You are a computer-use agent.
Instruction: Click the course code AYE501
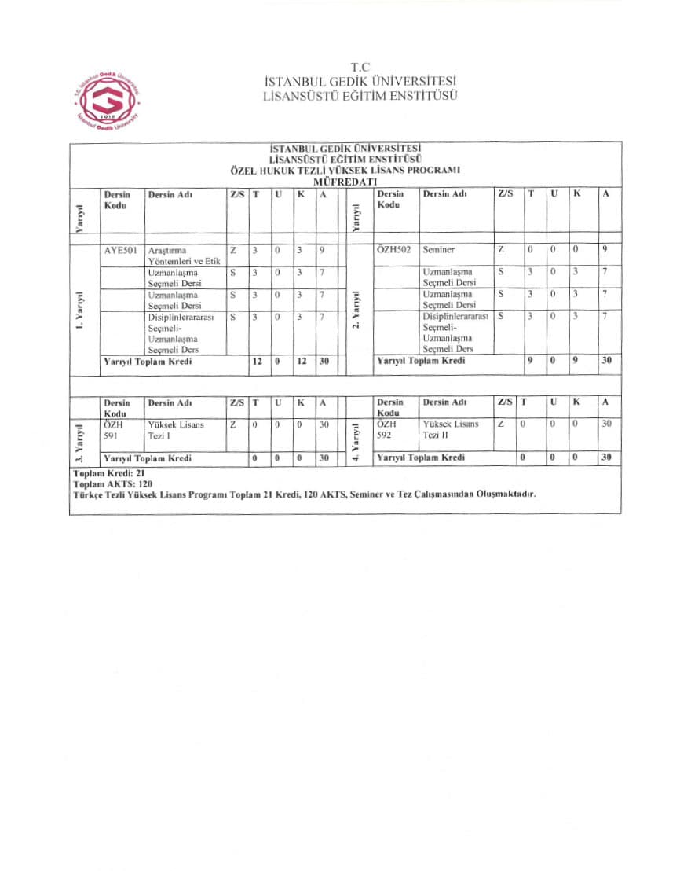(120, 250)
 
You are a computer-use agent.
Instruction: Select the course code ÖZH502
(394, 250)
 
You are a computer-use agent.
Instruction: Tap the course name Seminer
(439, 250)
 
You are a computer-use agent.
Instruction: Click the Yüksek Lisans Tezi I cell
(176, 429)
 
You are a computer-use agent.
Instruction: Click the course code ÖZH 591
(115, 429)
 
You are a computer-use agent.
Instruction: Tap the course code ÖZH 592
(388, 429)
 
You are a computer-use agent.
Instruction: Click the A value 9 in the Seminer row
(605, 250)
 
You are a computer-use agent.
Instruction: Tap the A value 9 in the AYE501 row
(323, 250)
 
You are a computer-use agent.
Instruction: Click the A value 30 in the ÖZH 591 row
(324, 424)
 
